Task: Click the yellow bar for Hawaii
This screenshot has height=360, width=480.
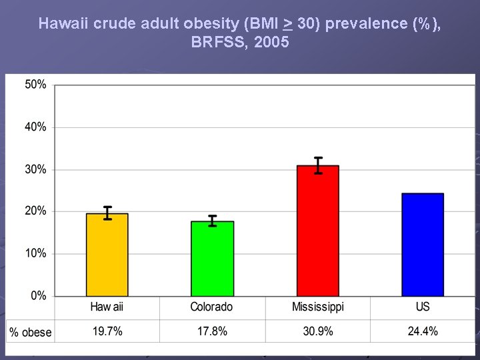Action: (x=107, y=255)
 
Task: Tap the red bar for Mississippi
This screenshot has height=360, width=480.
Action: (x=318, y=231)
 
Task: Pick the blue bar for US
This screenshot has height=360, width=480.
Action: (x=423, y=245)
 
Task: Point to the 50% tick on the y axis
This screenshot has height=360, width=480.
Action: (x=36, y=85)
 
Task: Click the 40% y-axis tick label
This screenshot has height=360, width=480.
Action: (x=36, y=127)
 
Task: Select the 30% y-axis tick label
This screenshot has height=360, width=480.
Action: (x=36, y=169)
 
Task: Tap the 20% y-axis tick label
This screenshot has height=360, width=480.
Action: (x=36, y=211)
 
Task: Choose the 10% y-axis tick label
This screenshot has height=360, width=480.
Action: (x=36, y=253)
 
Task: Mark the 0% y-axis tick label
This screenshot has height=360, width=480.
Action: (x=39, y=295)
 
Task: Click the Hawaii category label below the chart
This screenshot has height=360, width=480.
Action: (x=107, y=307)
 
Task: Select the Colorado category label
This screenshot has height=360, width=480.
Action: (x=212, y=307)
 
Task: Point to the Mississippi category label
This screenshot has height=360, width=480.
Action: (x=318, y=307)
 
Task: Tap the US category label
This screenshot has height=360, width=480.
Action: (x=423, y=307)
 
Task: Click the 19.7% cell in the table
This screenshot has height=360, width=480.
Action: (x=107, y=331)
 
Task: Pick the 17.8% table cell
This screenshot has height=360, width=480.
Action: (x=212, y=331)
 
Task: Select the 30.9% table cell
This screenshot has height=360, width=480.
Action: (x=318, y=331)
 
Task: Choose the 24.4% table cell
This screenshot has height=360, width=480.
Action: (x=423, y=331)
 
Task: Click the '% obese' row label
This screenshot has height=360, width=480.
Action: (x=31, y=332)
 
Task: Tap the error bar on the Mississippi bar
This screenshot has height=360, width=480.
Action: (x=319, y=165)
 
